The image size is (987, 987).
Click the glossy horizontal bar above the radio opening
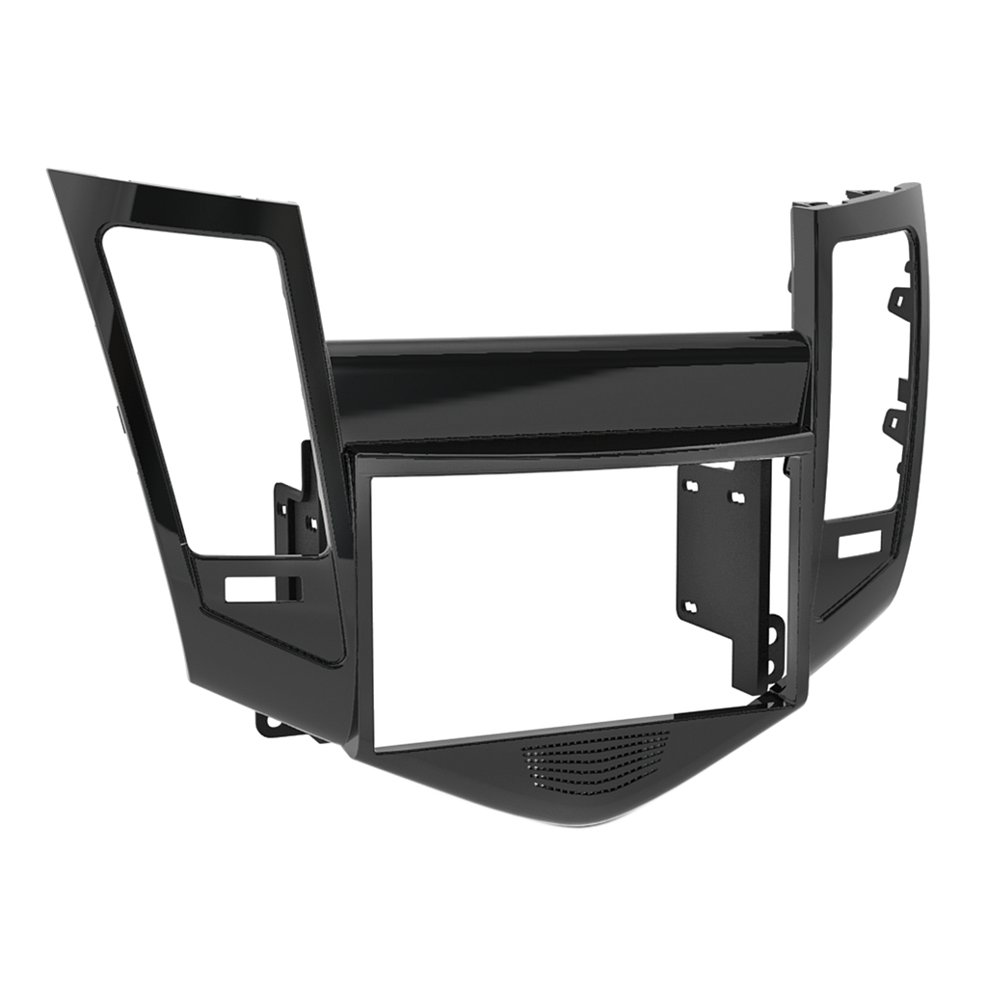pyautogui.click(x=569, y=386)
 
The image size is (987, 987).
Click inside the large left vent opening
pyautogui.click(x=202, y=386)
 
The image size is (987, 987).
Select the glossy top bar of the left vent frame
pyautogui.click(x=173, y=188)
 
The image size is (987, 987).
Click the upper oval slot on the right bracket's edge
pyautogui.click(x=772, y=637)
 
